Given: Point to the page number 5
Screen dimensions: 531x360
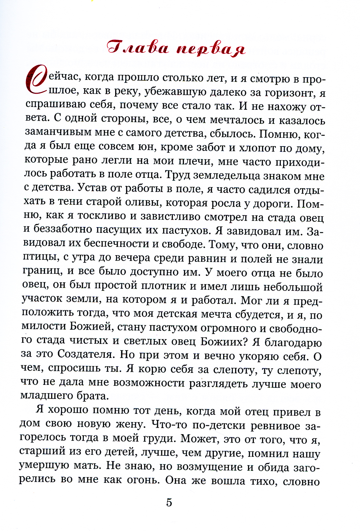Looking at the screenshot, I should tap(169, 503).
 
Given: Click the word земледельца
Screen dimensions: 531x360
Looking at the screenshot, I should tap(233, 175).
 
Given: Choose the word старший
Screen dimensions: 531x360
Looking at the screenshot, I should tap(42, 451).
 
